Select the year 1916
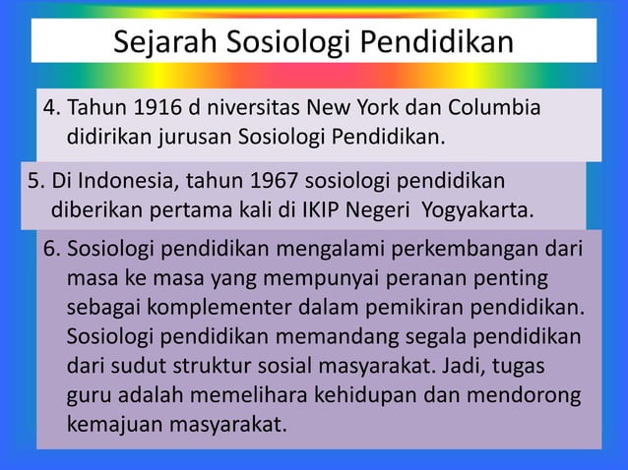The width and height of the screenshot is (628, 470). point(158,107)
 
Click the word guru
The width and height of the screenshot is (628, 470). point(87,396)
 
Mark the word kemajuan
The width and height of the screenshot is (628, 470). point(109,426)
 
